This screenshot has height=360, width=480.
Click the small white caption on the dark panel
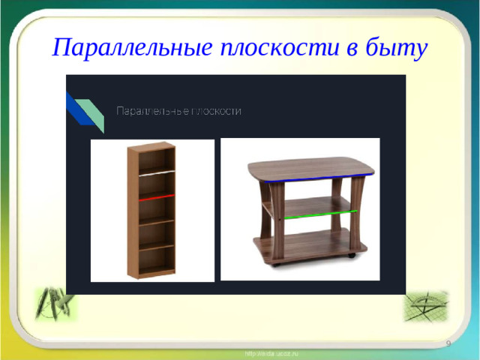coord(178,111)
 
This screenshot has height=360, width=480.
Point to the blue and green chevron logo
coord(85,111)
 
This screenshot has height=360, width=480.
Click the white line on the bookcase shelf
coord(156,172)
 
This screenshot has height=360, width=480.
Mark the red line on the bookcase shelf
coord(156,196)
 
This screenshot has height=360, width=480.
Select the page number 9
coord(448,343)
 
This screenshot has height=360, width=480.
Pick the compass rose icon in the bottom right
coord(425,306)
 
